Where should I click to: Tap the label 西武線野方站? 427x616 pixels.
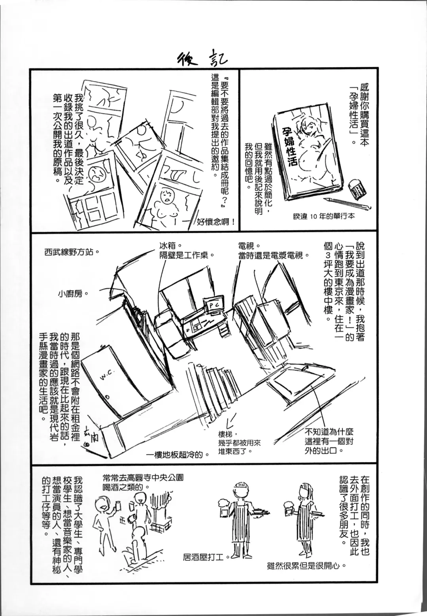click(71, 251)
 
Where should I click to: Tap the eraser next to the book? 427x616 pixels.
click(358, 189)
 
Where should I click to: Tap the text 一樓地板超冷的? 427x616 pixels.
click(178, 454)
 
